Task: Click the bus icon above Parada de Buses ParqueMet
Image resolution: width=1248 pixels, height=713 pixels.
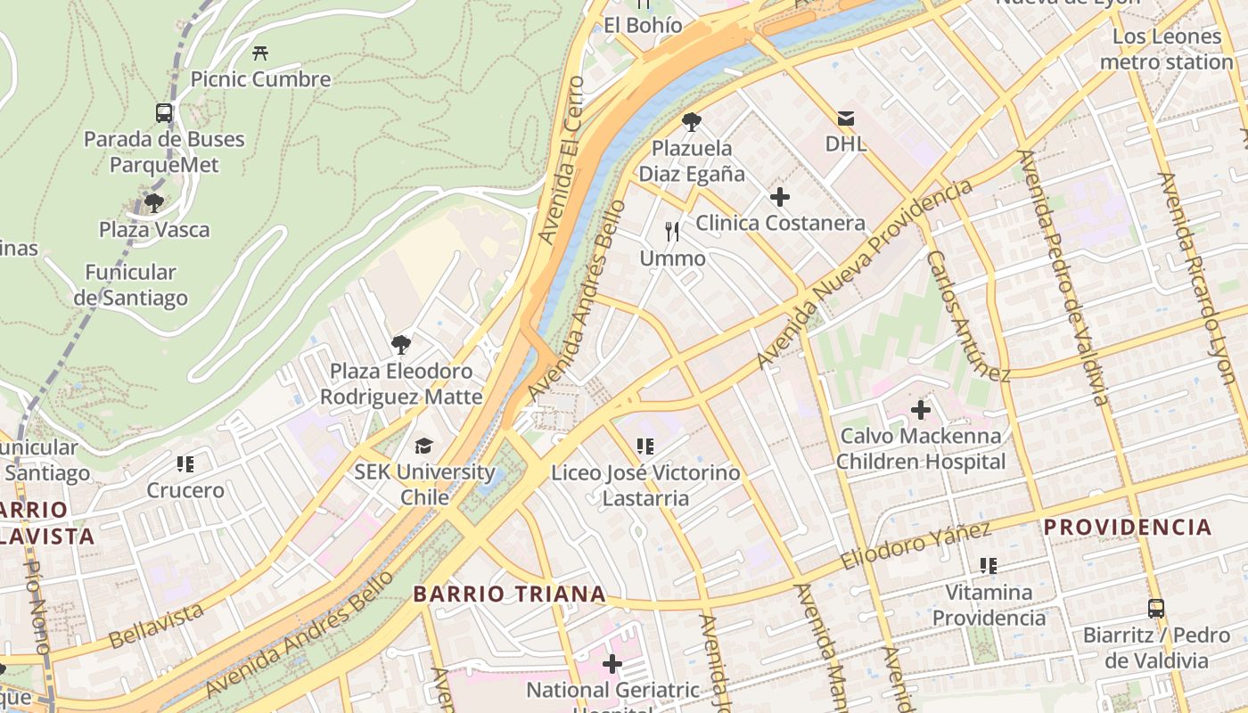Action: point(164,113)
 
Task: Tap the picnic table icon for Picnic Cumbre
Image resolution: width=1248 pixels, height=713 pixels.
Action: point(260,53)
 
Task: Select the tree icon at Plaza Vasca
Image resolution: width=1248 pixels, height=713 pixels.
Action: point(154,202)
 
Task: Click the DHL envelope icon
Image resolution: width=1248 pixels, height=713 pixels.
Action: point(845,118)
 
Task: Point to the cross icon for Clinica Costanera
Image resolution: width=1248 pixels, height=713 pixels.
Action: point(780,197)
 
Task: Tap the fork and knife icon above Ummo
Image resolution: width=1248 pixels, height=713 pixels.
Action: point(672,233)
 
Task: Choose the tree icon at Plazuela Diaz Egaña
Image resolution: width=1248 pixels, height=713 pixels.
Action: point(691,122)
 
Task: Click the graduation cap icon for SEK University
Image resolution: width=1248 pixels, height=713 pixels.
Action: point(423,446)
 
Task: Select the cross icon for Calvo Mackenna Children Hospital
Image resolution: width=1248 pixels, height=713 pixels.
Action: point(921,410)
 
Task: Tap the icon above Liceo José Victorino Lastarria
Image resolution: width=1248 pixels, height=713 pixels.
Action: point(645,446)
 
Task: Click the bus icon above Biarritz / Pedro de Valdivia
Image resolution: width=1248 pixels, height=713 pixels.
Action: point(1156,609)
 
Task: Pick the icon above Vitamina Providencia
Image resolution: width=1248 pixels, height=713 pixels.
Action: point(988,565)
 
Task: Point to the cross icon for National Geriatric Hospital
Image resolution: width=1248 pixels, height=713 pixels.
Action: point(612,663)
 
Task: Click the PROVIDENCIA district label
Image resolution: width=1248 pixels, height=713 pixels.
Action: point(1128,527)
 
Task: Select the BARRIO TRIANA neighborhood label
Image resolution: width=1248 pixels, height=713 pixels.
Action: point(509,594)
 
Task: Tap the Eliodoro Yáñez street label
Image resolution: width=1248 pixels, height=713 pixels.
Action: point(915,547)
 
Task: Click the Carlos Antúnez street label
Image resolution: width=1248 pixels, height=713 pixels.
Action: point(967,316)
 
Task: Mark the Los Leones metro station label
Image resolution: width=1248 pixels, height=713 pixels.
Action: point(1166,49)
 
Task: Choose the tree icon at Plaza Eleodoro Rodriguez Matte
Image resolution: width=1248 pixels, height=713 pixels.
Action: point(401,344)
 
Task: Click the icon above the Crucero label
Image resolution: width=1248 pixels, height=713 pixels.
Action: point(185,463)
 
